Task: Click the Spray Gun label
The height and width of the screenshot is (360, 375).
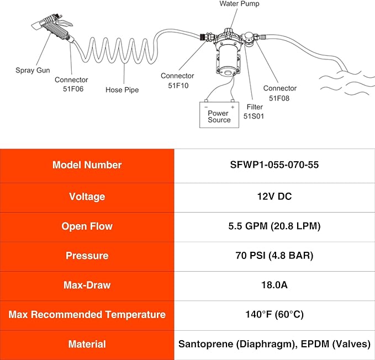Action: [33, 70]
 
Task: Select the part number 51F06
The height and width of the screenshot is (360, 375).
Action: [73, 89]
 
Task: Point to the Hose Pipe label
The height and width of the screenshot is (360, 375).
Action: [122, 90]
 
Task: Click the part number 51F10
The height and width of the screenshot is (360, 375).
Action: [178, 86]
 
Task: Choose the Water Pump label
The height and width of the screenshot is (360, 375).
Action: [239, 3]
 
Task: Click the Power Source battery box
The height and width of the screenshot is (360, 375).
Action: [219, 115]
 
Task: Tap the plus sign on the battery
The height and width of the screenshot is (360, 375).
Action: [233, 107]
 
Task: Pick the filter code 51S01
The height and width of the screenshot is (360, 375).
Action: [253, 116]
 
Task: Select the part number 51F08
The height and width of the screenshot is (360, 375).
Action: [279, 98]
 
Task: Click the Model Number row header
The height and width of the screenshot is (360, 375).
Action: [87, 165]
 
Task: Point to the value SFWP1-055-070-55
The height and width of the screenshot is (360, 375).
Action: [274, 165]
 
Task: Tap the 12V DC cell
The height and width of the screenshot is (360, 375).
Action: [274, 196]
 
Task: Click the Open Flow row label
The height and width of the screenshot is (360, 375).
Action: [87, 226]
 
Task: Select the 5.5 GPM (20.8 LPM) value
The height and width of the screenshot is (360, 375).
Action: [274, 226]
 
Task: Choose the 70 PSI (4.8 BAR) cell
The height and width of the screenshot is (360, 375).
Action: [274, 255]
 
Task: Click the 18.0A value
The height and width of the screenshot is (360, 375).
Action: [274, 285]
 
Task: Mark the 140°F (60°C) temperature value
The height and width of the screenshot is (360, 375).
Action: [274, 314]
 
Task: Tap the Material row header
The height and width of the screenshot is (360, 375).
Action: [87, 344]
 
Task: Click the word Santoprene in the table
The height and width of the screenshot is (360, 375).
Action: [206, 344]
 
